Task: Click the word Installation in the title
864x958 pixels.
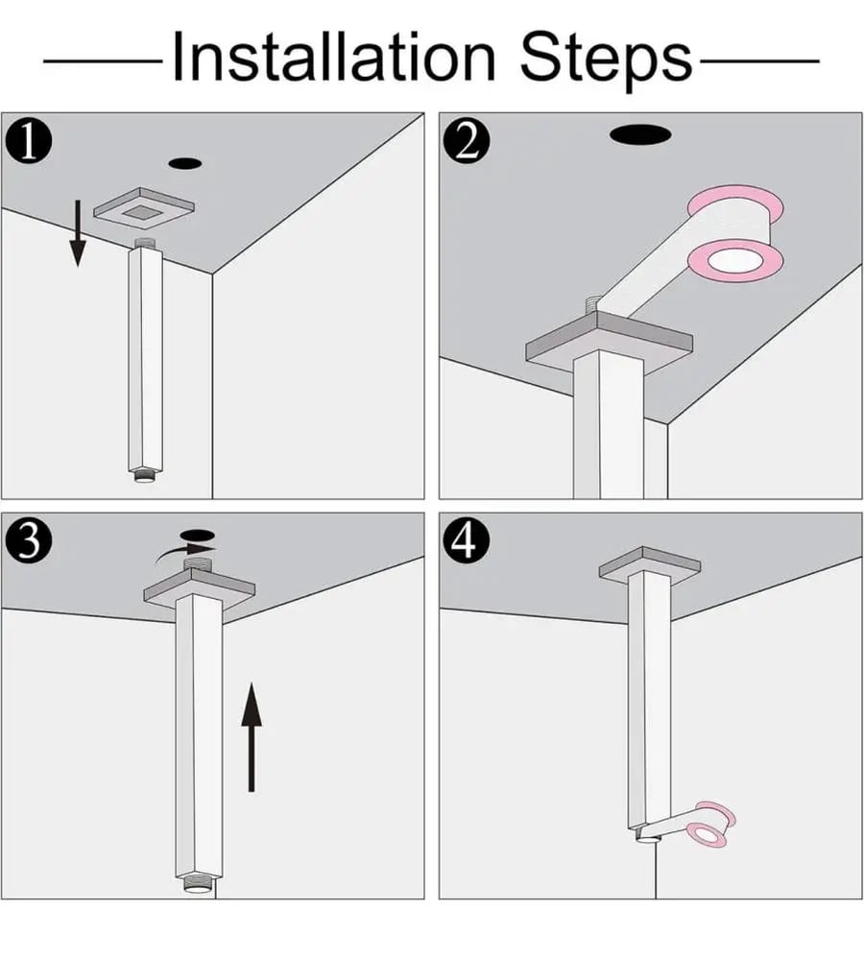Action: [x=334, y=57]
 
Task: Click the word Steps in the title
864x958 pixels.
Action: [x=606, y=60]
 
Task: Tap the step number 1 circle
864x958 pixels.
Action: [x=29, y=142]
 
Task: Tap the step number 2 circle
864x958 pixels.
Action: [x=467, y=142]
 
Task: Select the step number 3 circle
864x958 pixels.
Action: [x=29, y=541]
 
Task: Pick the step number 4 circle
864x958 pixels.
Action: [x=467, y=541]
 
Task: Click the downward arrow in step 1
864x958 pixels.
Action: [x=77, y=232]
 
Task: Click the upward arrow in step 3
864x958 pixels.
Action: [x=252, y=737]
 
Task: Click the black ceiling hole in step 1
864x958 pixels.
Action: [x=185, y=164]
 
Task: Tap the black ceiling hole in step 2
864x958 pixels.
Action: [x=639, y=134]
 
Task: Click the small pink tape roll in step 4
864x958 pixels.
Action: [x=710, y=824]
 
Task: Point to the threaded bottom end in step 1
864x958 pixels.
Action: [x=145, y=475]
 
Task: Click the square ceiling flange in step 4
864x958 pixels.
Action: [x=650, y=564]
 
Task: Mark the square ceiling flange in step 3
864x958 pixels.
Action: [x=199, y=587]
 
